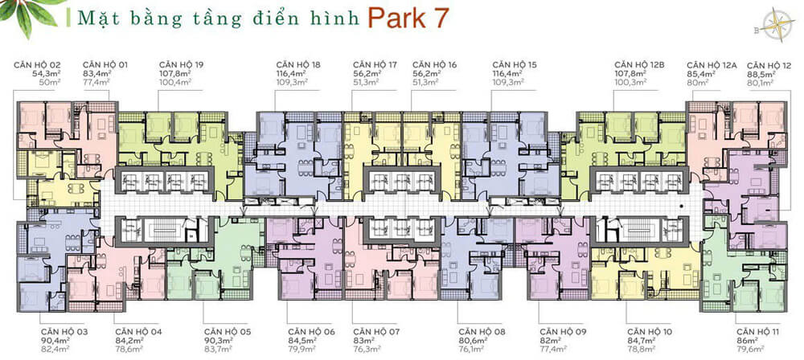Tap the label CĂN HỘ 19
pos(183,64)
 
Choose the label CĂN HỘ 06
pos(310,331)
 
